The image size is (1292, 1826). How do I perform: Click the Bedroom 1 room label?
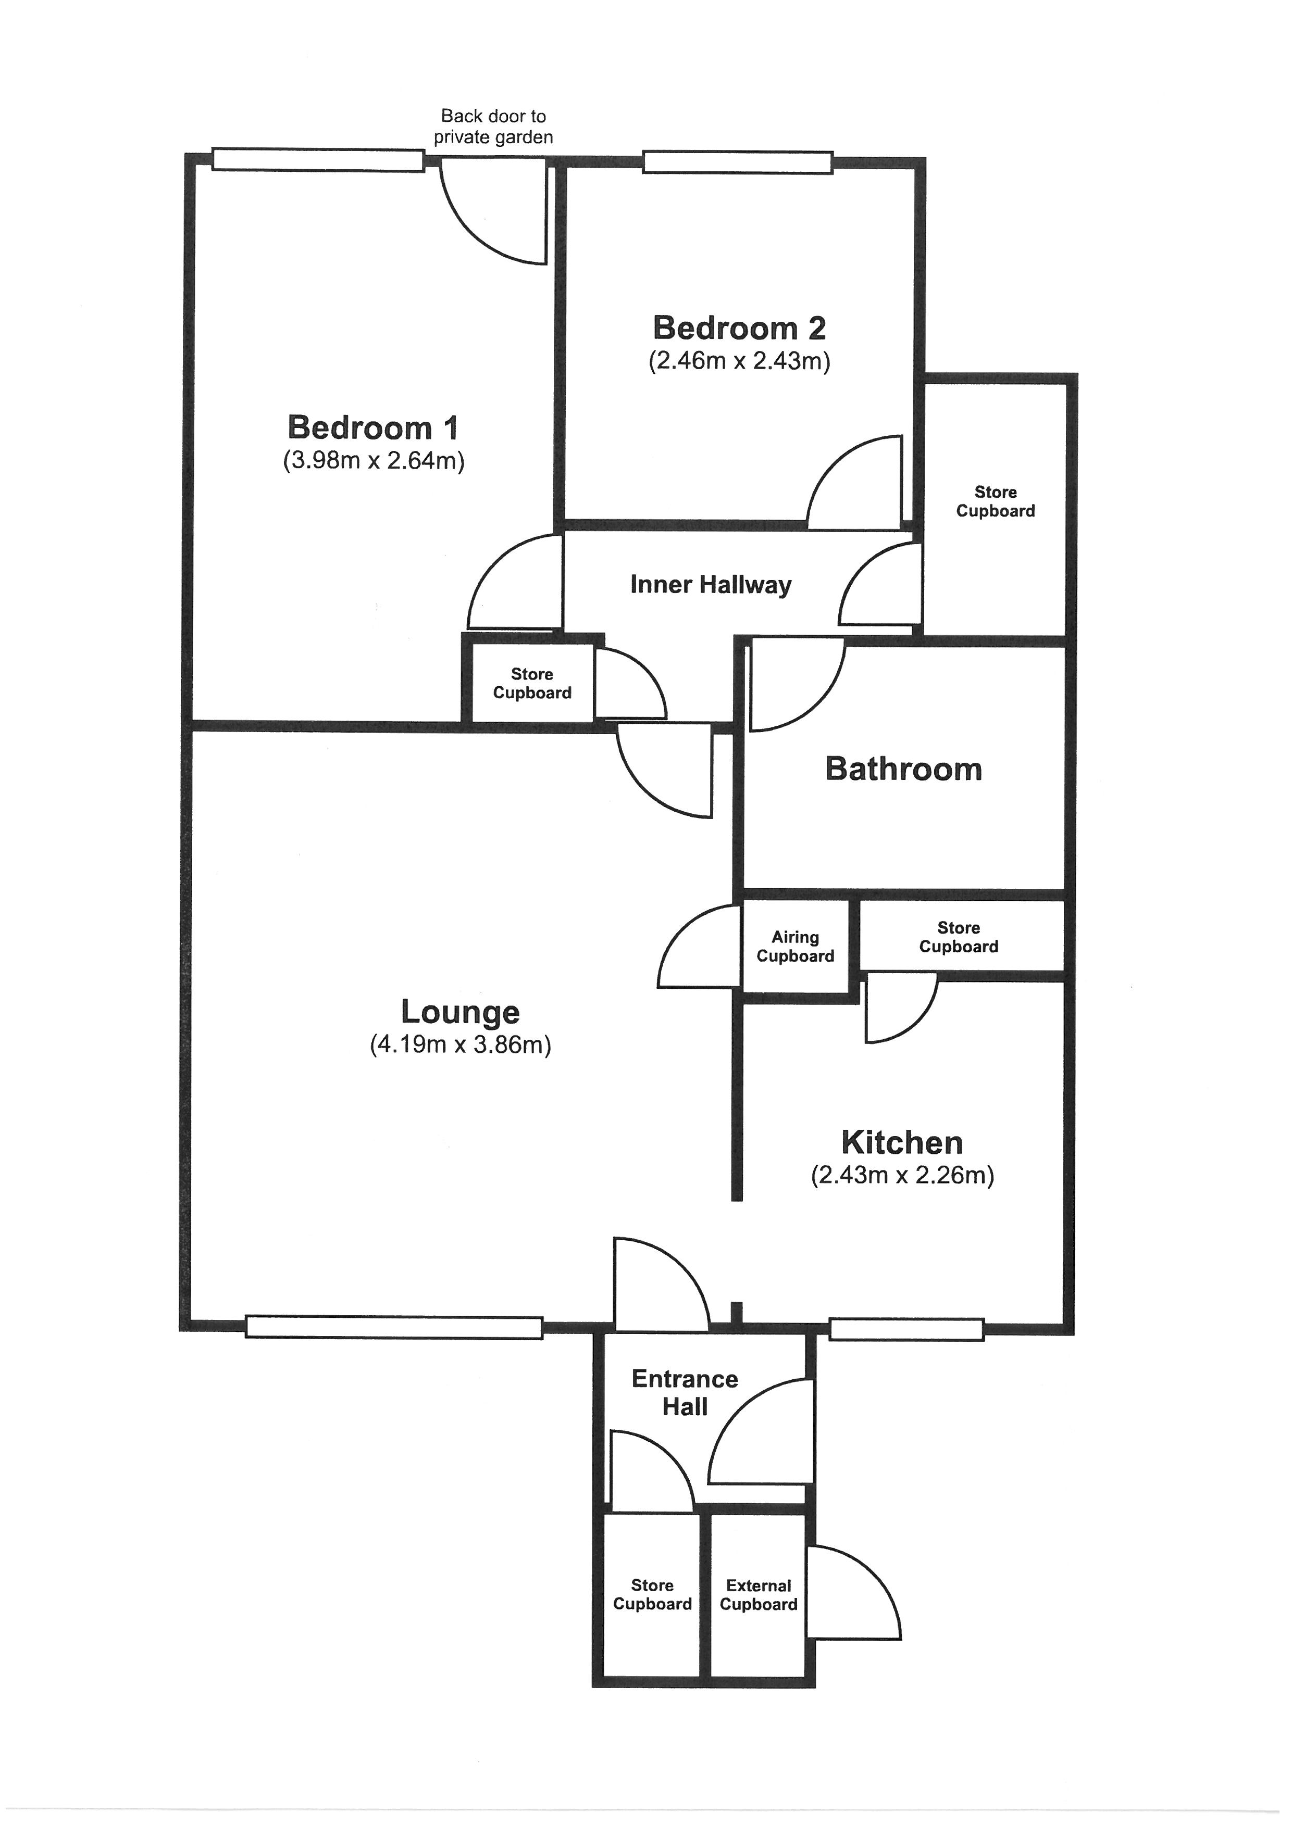click(x=373, y=428)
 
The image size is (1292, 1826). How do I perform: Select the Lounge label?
click(x=460, y=1012)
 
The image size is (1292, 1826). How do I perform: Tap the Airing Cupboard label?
click(x=795, y=947)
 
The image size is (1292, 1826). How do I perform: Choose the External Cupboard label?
click(x=758, y=1595)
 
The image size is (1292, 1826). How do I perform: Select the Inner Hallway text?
click(x=711, y=585)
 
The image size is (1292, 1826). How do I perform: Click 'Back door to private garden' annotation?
click(x=493, y=127)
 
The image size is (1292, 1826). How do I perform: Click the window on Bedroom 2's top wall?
click(x=738, y=162)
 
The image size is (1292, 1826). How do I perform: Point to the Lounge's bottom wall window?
click(x=394, y=1327)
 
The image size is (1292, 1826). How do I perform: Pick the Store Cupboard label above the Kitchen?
click(x=958, y=937)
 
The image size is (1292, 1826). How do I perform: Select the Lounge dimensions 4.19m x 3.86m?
click(x=460, y=1044)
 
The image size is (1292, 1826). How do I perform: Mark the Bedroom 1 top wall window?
click(x=317, y=160)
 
